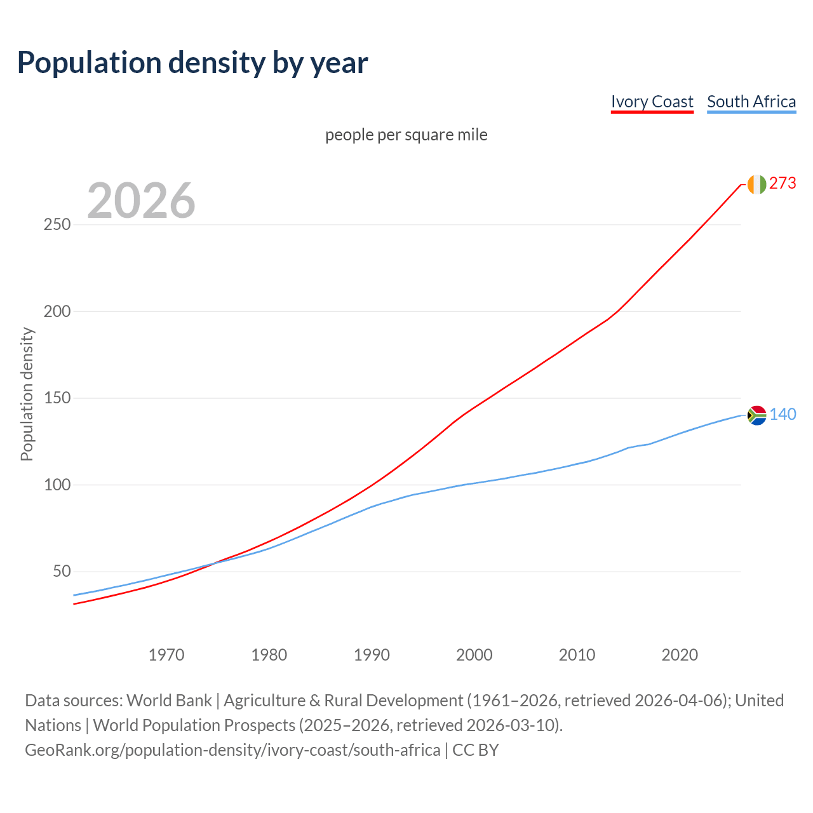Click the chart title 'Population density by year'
click(192, 62)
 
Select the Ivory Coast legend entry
click(652, 102)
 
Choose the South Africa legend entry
click(751, 102)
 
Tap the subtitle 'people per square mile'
click(406, 135)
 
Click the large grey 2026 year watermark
click(141, 201)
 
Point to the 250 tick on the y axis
click(57, 225)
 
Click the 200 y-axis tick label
click(57, 311)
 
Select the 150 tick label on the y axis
click(57, 398)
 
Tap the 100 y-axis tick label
click(57, 485)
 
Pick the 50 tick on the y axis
click(61, 572)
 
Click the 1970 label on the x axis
click(166, 654)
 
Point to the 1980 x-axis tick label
click(269, 654)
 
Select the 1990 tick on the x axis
click(372, 654)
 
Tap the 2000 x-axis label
click(474, 654)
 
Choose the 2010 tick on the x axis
click(577, 654)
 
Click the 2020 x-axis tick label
click(680, 654)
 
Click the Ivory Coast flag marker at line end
click(756, 184)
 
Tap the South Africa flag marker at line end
click(756, 415)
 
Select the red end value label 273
click(783, 183)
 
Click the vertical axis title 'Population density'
click(27, 394)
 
